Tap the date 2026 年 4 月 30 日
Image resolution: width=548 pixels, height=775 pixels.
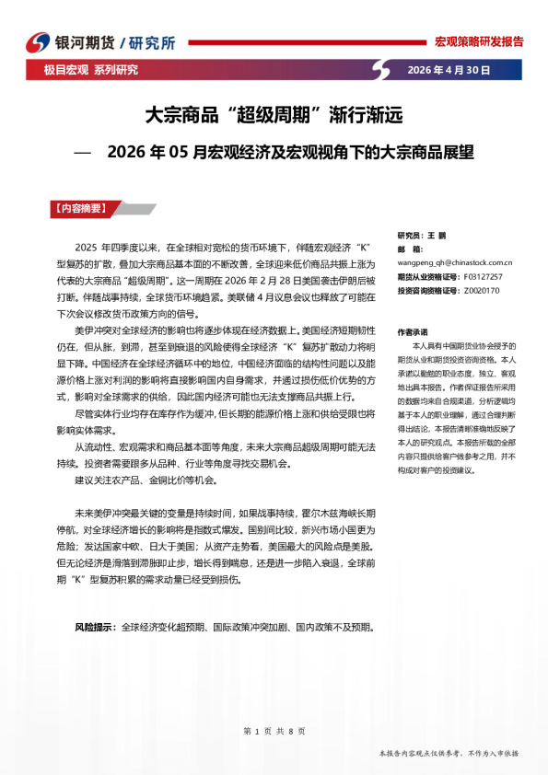click(x=449, y=70)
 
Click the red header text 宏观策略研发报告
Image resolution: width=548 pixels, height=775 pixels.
click(x=478, y=41)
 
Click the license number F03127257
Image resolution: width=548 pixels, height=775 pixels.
click(x=483, y=275)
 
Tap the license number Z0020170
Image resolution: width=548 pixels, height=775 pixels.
click(x=481, y=290)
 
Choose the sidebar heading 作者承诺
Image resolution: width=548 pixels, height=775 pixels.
click(x=413, y=331)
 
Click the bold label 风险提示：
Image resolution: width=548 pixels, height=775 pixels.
click(x=96, y=627)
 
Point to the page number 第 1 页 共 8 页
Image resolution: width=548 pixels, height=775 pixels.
click(x=274, y=730)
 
